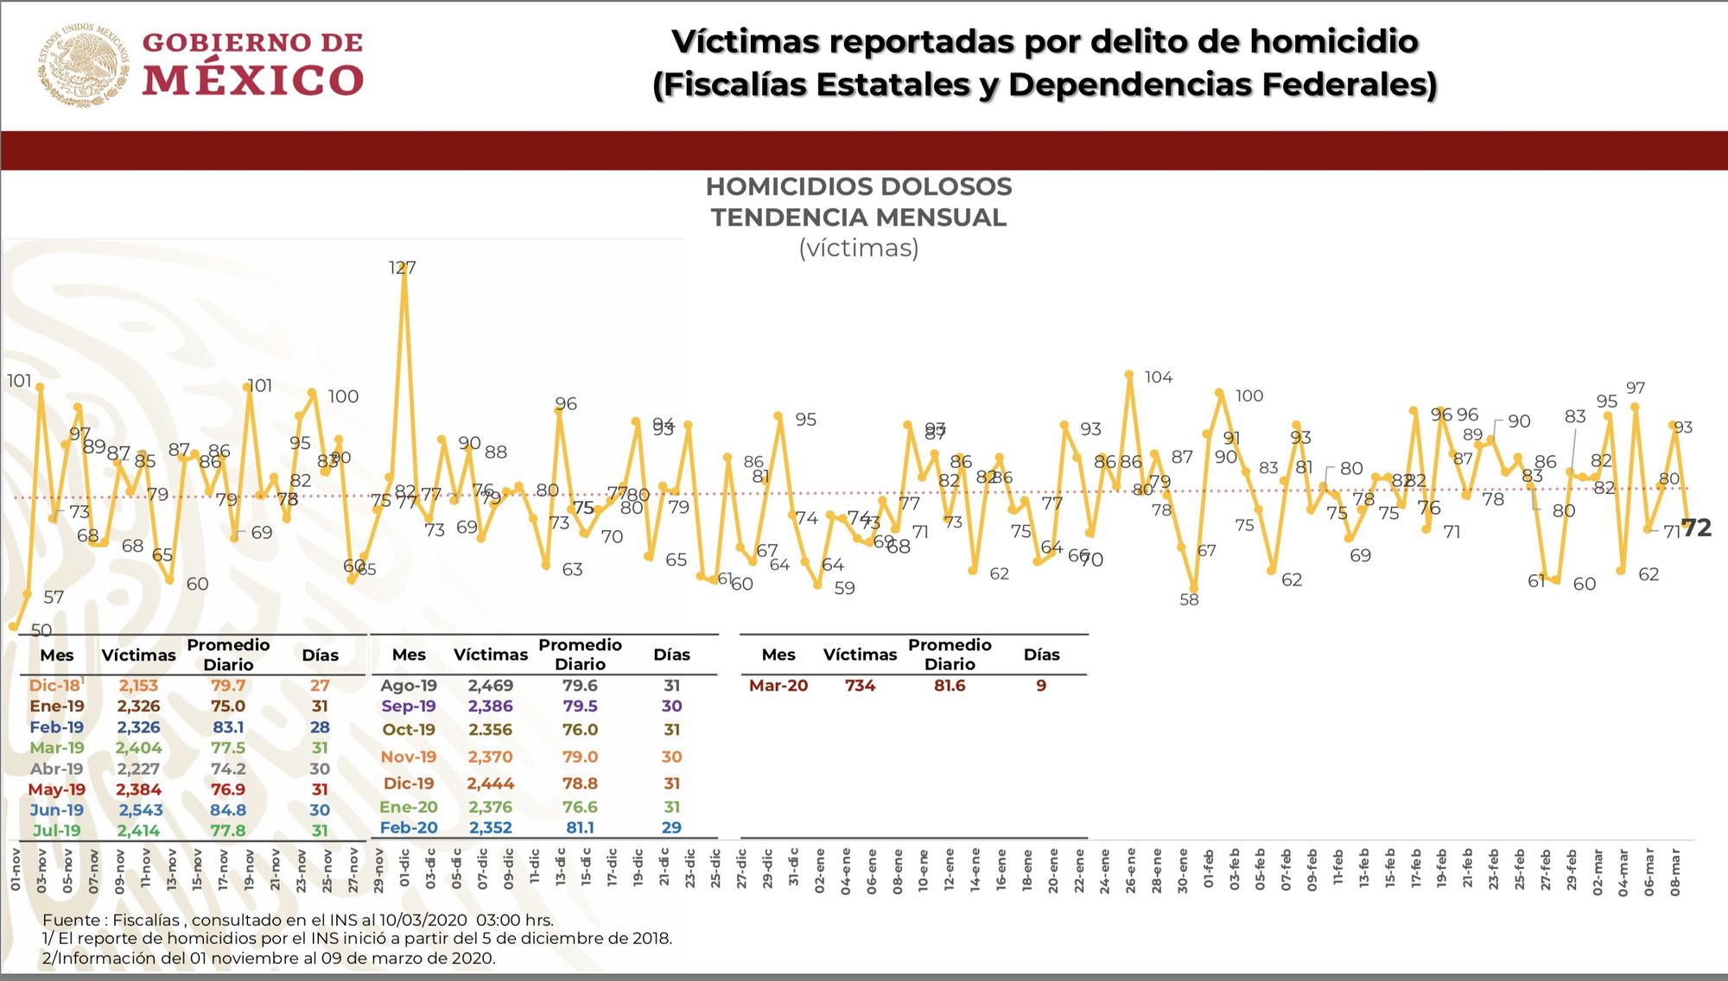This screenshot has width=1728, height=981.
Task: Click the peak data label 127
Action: tap(402, 268)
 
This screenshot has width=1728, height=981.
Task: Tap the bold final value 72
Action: tap(1696, 528)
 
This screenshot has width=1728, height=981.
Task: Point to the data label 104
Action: tap(1158, 377)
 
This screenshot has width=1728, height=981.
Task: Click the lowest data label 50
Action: tap(41, 630)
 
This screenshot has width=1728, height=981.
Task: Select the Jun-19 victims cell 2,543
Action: tap(140, 810)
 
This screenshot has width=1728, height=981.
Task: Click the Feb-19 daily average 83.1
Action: tap(228, 727)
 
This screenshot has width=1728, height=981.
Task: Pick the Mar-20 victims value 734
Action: tap(860, 686)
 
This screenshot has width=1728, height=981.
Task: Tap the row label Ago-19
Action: tap(409, 686)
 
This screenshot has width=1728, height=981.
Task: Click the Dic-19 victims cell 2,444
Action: tap(490, 783)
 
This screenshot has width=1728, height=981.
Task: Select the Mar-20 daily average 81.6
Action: tap(949, 686)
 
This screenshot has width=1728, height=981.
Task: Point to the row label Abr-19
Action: tap(57, 769)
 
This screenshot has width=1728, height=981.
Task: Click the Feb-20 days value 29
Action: tap(671, 827)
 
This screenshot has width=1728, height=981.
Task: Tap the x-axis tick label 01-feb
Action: tap(1209, 870)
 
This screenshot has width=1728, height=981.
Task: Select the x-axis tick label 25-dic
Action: tap(715, 870)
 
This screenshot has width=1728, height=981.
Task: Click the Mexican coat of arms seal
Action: tap(82, 65)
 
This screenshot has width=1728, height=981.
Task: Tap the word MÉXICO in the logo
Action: tap(252, 80)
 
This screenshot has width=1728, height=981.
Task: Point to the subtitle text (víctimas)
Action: tap(858, 248)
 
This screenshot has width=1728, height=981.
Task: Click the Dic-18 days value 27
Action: tap(320, 686)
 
